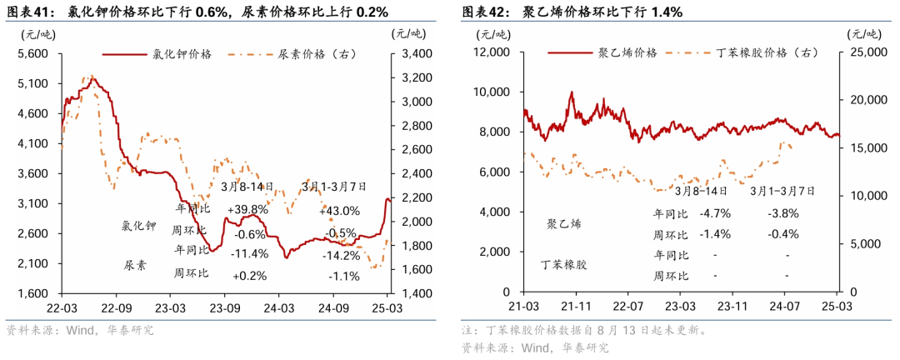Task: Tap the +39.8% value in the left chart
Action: (247, 209)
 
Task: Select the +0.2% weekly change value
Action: (248, 275)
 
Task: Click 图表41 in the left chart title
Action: (30, 12)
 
